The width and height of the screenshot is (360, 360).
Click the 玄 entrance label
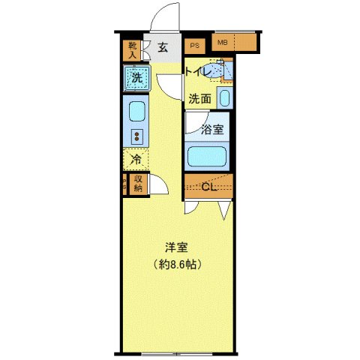pyautogui.click(x=163, y=48)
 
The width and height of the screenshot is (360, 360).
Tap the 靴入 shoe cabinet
pyautogui.click(x=131, y=49)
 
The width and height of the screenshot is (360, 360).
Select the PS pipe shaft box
pyautogui.click(x=194, y=45)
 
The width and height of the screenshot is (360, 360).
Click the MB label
pyautogui.click(x=222, y=43)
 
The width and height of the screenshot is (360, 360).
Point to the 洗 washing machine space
pyautogui.click(x=136, y=76)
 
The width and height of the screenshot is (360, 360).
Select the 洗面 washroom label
pyautogui.click(x=199, y=98)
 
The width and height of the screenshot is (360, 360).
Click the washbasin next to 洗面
pyautogui.click(x=224, y=97)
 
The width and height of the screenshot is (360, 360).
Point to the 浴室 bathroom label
pyautogui.click(x=213, y=129)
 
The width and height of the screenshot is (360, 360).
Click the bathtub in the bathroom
pyautogui.click(x=208, y=157)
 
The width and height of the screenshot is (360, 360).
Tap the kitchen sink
pyautogui.click(x=137, y=112)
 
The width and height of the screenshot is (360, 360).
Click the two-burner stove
pyautogui.click(x=137, y=136)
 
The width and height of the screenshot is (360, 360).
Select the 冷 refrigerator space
pyautogui.click(x=136, y=159)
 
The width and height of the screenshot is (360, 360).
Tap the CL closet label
pyautogui.click(x=209, y=187)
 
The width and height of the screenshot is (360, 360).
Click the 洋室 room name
pyautogui.click(x=176, y=247)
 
